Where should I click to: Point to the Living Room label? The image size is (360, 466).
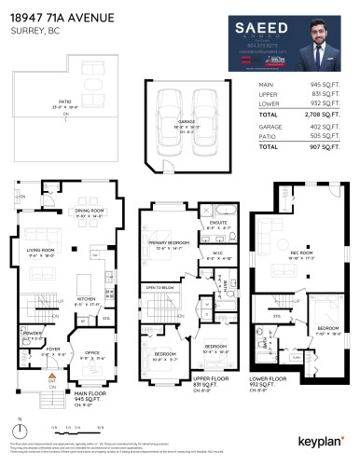coord(41,250)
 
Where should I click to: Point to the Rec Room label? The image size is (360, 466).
coord(300,253)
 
